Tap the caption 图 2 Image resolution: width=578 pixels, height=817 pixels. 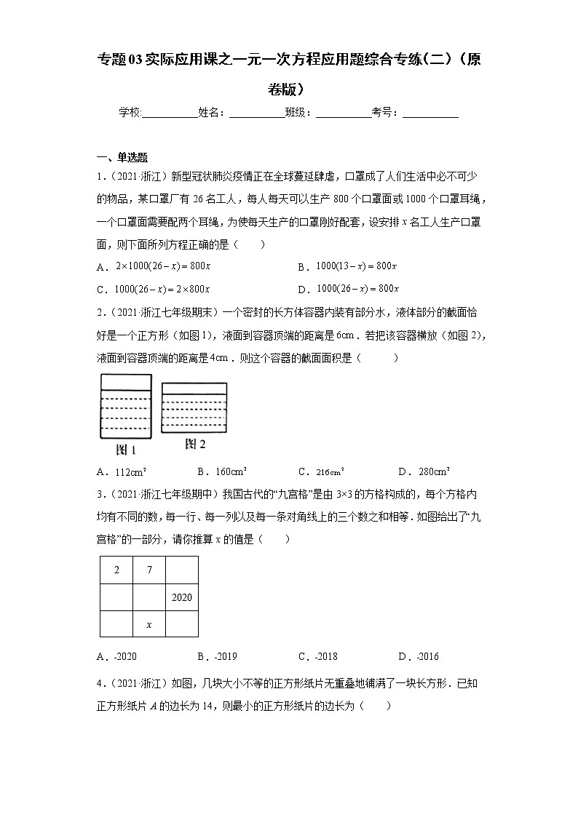[x=195, y=444]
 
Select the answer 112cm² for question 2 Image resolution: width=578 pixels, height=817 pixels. [x=132, y=471]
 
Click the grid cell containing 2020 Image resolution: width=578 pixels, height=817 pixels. [x=181, y=597]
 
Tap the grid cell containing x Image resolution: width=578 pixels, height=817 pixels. [x=149, y=624]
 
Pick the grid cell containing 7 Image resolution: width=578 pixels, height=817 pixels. [x=149, y=570]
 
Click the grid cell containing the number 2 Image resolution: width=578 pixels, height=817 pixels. [x=116, y=570]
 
